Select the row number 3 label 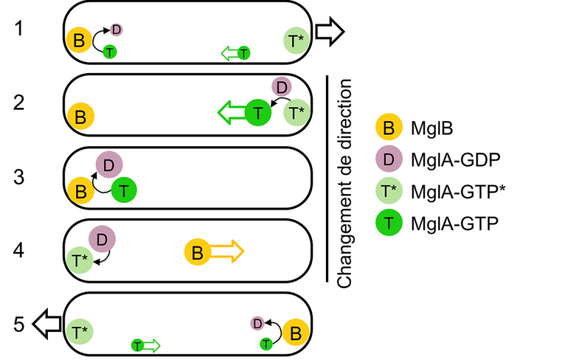pyautogui.click(x=20, y=176)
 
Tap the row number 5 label pyautogui.click(x=20, y=324)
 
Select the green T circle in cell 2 pyautogui.click(x=259, y=112)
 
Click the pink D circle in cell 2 pyautogui.click(x=281, y=87)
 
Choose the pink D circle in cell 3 pyautogui.click(x=109, y=165)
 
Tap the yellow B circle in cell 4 pyautogui.click(x=197, y=252)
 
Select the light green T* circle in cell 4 pyautogui.click(x=79, y=259)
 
